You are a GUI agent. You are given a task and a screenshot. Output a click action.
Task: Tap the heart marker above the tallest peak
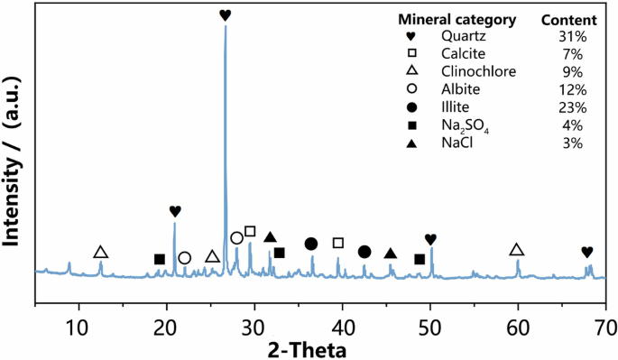point(226,15)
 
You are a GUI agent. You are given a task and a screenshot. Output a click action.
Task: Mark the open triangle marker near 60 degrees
point(516,250)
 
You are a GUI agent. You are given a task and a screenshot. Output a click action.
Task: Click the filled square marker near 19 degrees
point(160,260)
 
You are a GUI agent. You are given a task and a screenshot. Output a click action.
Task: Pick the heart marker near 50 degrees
point(430,239)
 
